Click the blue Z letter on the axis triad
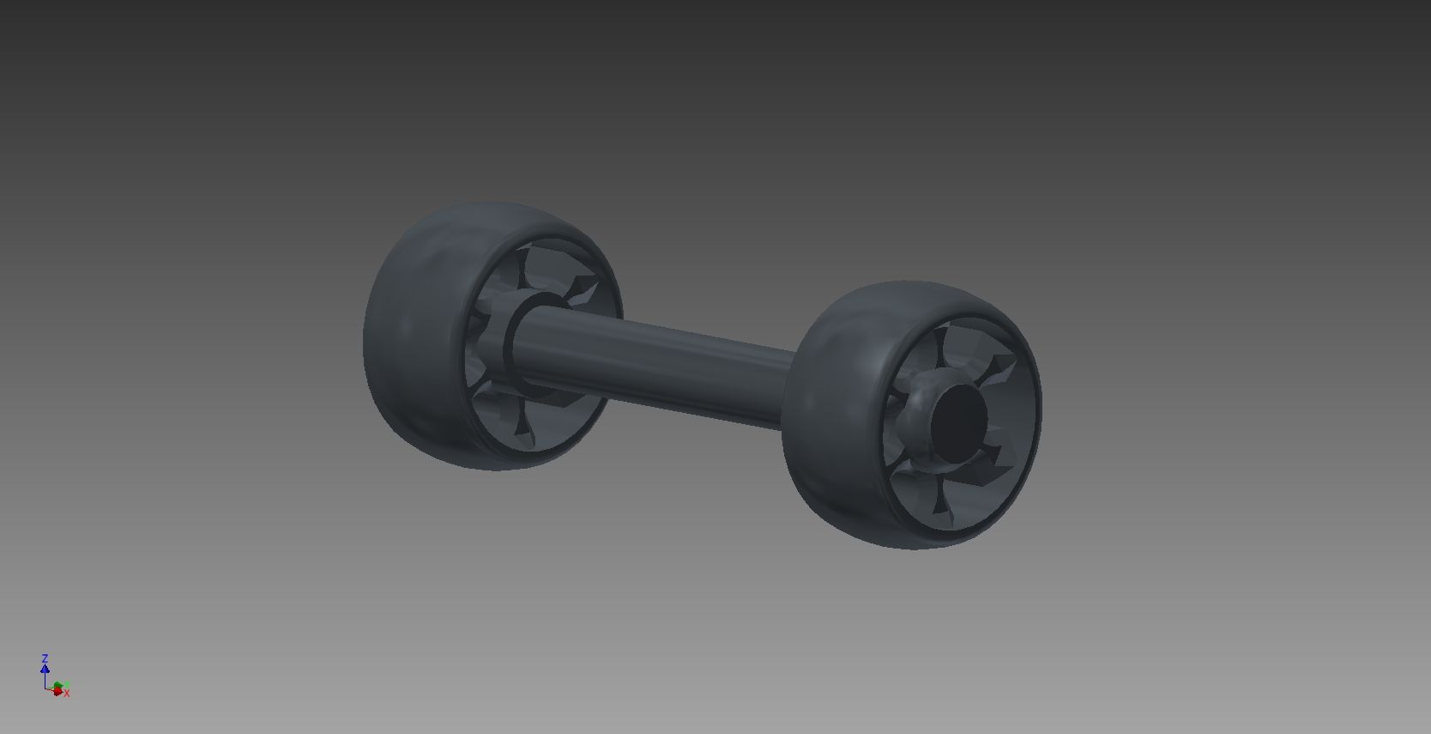point(45,658)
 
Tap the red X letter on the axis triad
point(66,693)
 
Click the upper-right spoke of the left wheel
point(583,288)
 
